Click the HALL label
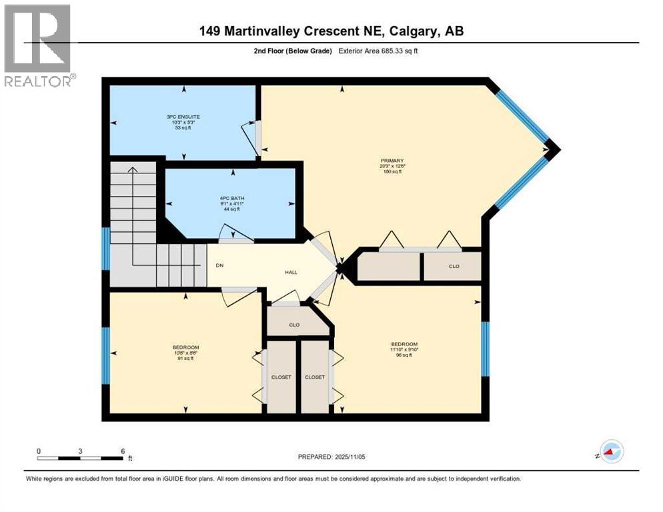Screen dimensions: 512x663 coord(291,272)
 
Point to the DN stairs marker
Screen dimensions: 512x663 coord(219,265)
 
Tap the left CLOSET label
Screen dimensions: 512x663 coord(281,377)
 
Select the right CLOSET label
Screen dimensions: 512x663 coord(314,377)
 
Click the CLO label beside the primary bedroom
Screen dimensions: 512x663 coord(454,266)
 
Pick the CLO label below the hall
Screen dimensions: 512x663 coord(293,325)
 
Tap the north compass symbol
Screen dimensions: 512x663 coord(611,451)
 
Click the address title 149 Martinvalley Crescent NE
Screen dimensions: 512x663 coord(331,31)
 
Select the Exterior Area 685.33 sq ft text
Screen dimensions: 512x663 coord(382,51)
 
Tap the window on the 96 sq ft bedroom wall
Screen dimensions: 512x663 coord(485,348)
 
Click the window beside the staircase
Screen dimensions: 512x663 coord(105,249)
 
